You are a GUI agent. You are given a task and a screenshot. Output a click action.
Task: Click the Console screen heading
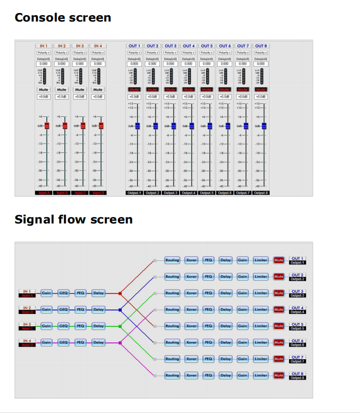[62, 17]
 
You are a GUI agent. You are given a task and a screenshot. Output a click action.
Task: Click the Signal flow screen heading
[73, 220]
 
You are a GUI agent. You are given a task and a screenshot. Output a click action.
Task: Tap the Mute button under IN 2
[61, 89]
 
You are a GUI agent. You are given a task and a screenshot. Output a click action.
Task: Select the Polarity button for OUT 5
[207, 53]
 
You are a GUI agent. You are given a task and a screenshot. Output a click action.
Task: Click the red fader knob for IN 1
[47, 125]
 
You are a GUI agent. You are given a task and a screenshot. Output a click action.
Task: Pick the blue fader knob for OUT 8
[264, 125]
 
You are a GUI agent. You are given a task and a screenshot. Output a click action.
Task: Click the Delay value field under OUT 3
[171, 64]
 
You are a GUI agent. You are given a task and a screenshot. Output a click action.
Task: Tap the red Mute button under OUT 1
[134, 89]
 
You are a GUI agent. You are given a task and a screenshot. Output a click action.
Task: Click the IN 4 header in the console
[97, 46]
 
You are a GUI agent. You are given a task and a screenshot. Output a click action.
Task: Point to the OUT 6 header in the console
[225, 46]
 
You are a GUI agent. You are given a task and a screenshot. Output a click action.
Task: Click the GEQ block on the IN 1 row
[63, 293]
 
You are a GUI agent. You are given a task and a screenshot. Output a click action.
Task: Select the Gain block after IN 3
[46, 326]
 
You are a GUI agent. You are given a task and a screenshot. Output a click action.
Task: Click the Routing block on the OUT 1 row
[172, 260]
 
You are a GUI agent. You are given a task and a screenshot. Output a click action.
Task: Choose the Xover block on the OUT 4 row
[191, 310]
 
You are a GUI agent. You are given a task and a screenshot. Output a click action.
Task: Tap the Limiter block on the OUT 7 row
[261, 359]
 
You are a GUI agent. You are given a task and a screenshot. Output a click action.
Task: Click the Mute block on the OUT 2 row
[279, 277]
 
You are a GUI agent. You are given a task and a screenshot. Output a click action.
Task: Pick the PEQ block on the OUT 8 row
[208, 375]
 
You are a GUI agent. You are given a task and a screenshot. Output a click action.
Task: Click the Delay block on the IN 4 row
[98, 342]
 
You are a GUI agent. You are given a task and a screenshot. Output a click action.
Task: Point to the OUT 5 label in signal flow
[298, 324]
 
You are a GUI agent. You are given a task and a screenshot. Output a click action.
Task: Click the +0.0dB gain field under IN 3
[80, 97]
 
